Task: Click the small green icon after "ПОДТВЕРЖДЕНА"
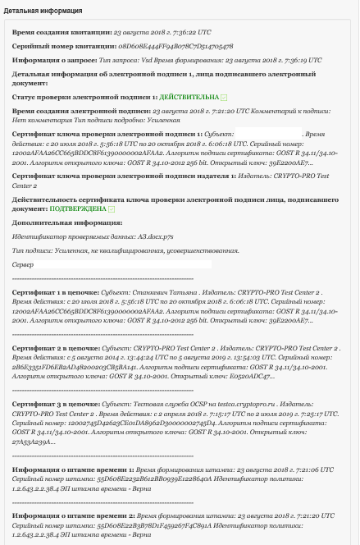point(112,209)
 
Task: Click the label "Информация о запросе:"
point(51,61)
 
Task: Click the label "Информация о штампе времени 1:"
point(71,469)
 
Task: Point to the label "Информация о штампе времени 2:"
point(71,516)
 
